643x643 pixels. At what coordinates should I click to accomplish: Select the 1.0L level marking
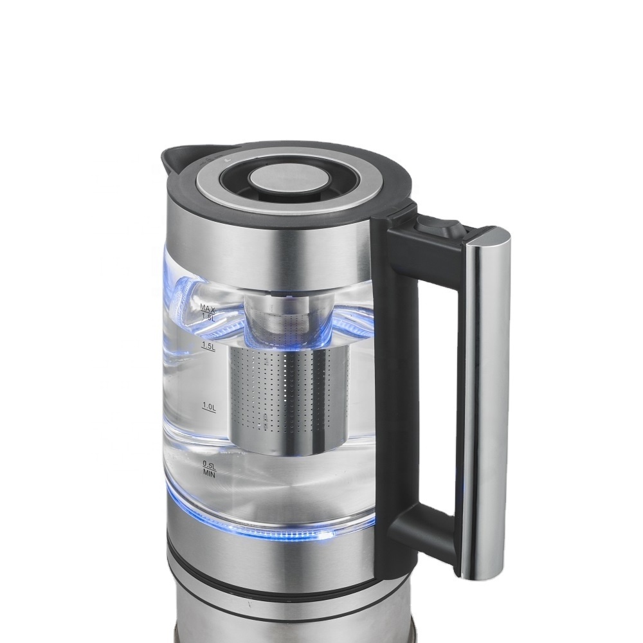(x=209, y=406)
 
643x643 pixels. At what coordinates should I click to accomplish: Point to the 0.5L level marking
(x=209, y=465)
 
